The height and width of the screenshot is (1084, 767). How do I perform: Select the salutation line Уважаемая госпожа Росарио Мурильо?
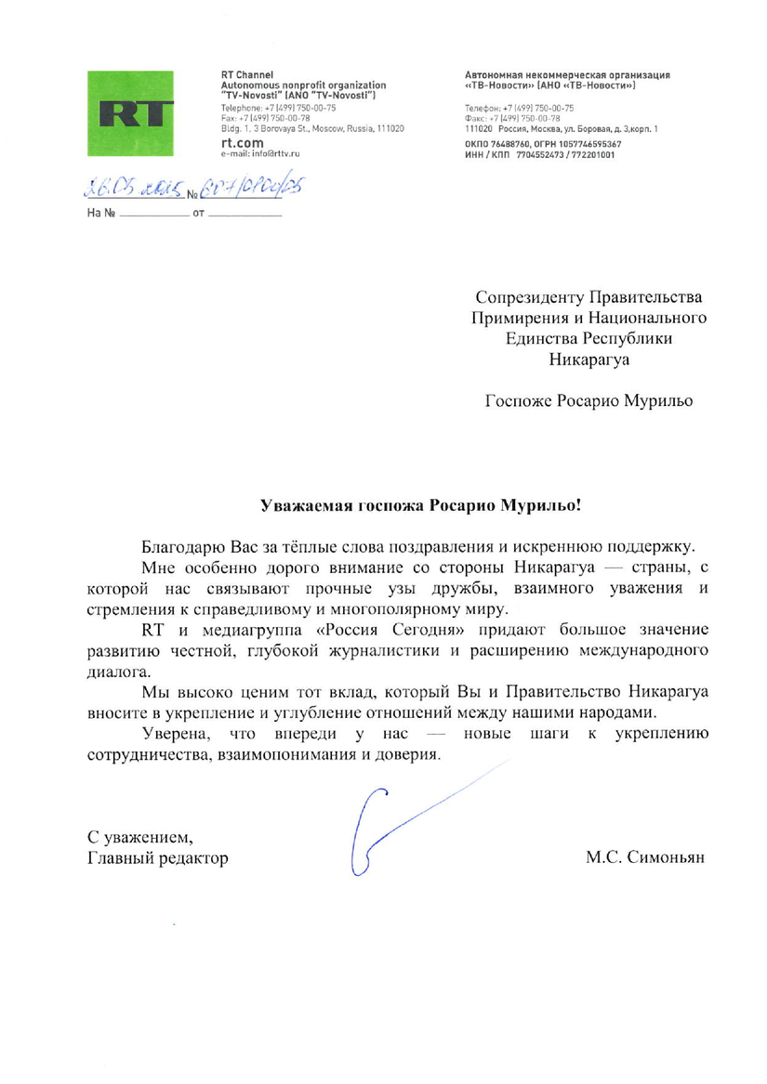[x=421, y=506]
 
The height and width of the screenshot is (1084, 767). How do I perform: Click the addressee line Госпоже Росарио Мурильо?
[x=589, y=401]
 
